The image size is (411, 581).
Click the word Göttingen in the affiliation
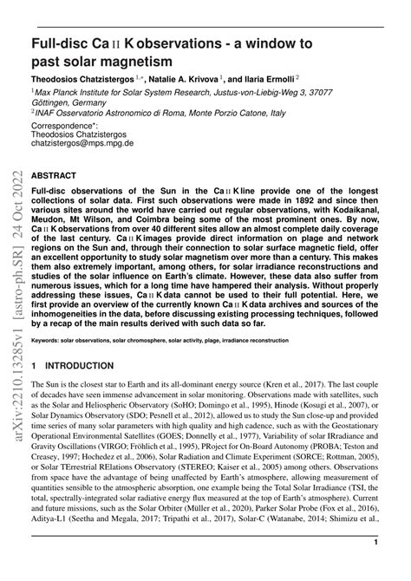(x=57, y=101)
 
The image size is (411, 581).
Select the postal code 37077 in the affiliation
(x=356, y=91)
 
